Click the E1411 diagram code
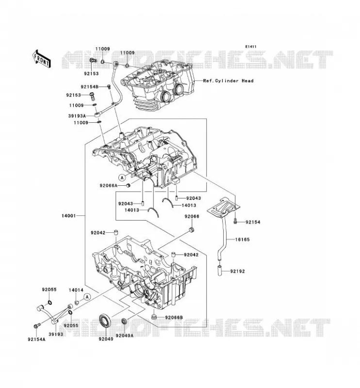[251, 47]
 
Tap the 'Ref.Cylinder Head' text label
[228, 81]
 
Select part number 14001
[68, 216]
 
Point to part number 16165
[243, 240]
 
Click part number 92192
[237, 271]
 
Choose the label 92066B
[174, 318]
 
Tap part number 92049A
[124, 336]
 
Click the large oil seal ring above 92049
[105, 321]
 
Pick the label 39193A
[77, 116]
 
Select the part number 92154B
[89, 87]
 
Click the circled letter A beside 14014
[87, 297]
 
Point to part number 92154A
[37, 339]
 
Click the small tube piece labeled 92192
[220, 271]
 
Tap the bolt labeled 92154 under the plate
[235, 221]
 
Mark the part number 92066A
[109, 185]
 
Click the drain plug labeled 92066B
[154, 317]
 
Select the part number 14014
[76, 290]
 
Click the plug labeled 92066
[191, 229]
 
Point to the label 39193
[56, 334]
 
